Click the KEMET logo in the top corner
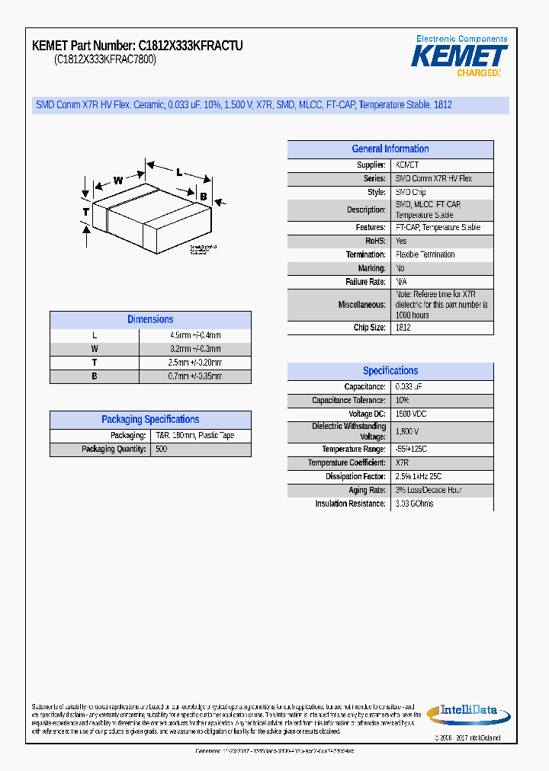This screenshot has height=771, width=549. (459, 56)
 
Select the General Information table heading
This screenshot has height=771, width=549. (390, 149)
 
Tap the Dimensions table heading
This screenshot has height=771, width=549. (150, 320)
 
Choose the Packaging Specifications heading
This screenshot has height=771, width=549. (150, 420)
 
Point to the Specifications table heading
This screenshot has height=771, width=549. (390, 371)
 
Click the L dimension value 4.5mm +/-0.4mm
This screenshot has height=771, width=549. (195, 335)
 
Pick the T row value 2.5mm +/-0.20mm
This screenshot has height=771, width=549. (195, 363)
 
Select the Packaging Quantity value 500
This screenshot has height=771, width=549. (162, 449)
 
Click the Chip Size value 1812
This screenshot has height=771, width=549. (403, 328)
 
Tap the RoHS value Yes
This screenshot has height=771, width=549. (401, 241)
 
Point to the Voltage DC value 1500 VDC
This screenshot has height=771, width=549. (411, 414)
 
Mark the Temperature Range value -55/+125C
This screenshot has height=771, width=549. (412, 449)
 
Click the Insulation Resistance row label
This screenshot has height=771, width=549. (350, 504)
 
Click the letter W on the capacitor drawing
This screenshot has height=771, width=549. (118, 181)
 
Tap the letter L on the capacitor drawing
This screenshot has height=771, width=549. (179, 172)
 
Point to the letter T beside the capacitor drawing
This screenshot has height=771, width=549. (86, 211)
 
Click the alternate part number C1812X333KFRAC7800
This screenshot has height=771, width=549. (105, 60)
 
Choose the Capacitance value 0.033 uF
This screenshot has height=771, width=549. (409, 387)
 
